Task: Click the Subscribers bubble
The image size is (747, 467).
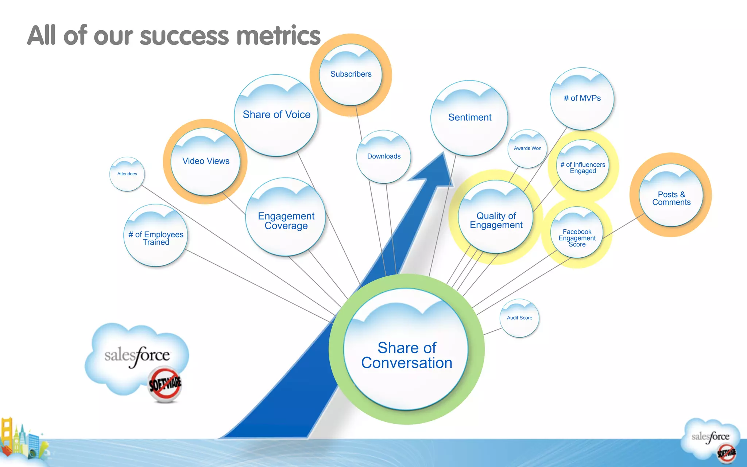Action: [x=351, y=75]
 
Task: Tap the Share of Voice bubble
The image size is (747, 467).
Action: [x=276, y=115]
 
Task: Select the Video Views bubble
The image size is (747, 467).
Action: [x=206, y=161]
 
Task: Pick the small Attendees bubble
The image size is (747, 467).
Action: [x=127, y=174]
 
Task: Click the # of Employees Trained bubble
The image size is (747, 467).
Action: [x=156, y=236]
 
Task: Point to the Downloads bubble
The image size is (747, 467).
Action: [x=384, y=157]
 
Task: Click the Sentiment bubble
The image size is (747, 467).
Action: [x=469, y=118]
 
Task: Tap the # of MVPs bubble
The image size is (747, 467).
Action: [x=582, y=99]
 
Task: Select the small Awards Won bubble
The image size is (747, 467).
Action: [x=527, y=149]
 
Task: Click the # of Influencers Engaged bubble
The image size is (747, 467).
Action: [x=582, y=166]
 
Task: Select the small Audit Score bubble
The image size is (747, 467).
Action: [x=519, y=318]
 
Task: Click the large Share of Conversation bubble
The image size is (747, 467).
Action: [x=406, y=350]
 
